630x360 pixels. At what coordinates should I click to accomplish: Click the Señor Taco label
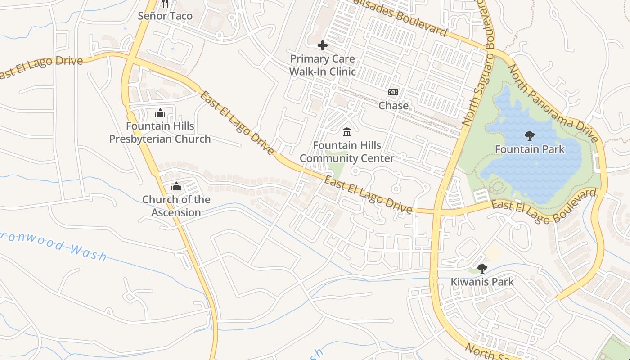(165, 16)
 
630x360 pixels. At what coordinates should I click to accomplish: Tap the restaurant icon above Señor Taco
(165, 4)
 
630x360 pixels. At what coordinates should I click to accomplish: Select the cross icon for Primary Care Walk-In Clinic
(322, 45)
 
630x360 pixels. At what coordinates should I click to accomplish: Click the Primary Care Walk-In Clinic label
(322, 65)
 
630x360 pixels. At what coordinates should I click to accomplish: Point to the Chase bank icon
(393, 92)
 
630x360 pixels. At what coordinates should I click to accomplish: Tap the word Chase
(393, 106)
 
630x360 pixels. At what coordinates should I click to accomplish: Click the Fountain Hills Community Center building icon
(347, 132)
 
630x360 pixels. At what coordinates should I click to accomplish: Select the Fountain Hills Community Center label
(347, 152)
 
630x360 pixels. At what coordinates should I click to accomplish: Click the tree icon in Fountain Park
(529, 135)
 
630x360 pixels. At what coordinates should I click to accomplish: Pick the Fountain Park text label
(529, 149)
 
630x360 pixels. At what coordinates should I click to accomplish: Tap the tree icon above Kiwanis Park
(482, 269)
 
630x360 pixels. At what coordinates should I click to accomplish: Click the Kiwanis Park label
(482, 282)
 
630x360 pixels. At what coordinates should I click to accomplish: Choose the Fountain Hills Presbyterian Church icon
(160, 112)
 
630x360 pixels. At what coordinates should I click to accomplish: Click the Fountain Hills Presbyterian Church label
(160, 133)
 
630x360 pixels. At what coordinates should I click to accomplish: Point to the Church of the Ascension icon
(176, 186)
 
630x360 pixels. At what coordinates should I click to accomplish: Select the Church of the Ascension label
(176, 206)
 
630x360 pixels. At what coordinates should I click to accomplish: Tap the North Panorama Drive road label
(554, 103)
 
